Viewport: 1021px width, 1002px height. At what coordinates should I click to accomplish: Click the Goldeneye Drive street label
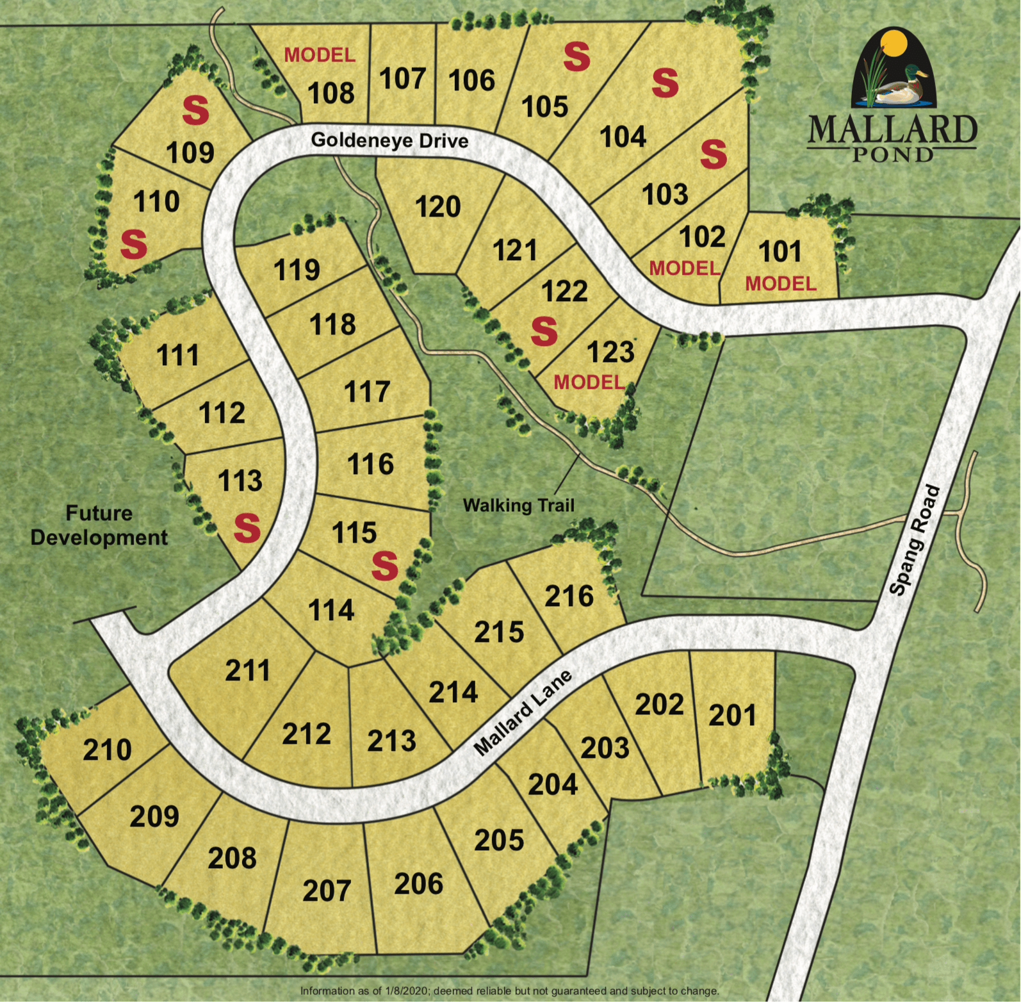click(389, 140)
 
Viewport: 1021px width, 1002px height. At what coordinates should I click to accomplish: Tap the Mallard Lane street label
click(523, 713)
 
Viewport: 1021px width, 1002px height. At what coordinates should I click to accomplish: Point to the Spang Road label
click(915, 540)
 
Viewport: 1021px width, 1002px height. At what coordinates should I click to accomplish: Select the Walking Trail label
click(519, 505)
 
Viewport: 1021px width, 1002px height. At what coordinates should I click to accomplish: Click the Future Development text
click(99, 525)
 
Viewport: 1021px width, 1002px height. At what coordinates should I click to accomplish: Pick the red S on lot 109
click(195, 110)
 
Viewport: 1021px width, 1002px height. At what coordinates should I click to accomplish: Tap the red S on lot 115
click(384, 565)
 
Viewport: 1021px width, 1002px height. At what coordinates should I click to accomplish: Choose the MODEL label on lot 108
click(320, 55)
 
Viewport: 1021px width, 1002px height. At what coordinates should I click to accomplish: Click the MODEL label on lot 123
click(589, 382)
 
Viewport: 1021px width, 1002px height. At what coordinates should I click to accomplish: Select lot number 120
click(438, 207)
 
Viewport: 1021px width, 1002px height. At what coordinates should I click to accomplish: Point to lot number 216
click(569, 596)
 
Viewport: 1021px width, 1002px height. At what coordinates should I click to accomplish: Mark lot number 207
click(327, 891)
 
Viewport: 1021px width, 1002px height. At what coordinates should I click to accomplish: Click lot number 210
click(107, 750)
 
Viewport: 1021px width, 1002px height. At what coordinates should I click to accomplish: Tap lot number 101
click(780, 252)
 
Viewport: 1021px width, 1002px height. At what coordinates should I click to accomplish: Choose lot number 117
click(367, 391)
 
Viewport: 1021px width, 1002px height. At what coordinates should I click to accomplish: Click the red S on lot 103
click(714, 154)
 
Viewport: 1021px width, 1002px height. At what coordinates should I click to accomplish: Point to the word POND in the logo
click(892, 155)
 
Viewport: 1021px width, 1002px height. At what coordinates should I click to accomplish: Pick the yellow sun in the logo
click(894, 44)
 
